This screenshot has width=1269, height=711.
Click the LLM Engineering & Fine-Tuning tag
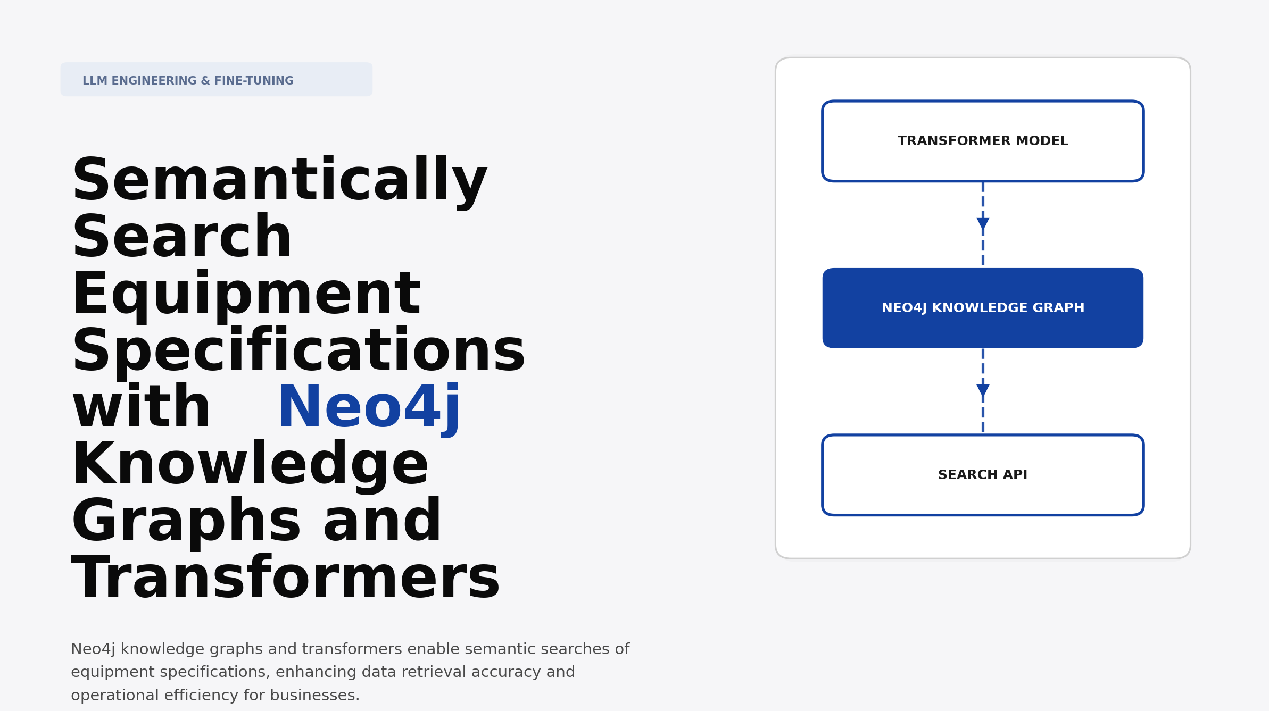coord(216,80)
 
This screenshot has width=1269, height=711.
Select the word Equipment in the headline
coord(246,295)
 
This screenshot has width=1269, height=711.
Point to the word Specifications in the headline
coord(298,352)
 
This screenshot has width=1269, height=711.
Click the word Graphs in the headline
coord(186,522)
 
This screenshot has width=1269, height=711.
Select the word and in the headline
coord(382,522)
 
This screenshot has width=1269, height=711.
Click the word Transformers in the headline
coord(286,579)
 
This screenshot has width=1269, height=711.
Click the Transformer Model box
coord(982,141)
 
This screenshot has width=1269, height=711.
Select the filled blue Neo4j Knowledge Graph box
coord(982,308)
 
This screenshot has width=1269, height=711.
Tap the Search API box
coord(982,475)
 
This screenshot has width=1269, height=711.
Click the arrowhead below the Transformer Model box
coord(983,223)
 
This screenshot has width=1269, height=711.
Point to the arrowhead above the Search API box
coord(983,390)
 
